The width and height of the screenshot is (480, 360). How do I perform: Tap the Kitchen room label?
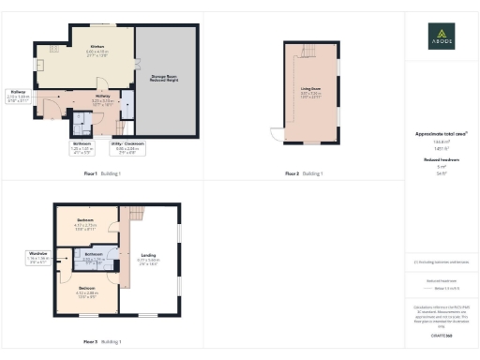[97, 48]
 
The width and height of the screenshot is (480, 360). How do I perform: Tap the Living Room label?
[310, 91]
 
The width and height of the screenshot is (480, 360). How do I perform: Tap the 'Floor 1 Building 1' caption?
[102, 173]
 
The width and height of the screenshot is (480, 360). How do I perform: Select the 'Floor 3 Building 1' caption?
[102, 342]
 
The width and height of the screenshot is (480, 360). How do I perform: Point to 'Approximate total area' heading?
[441, 134]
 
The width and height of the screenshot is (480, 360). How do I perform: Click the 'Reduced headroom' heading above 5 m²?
[441, 160]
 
